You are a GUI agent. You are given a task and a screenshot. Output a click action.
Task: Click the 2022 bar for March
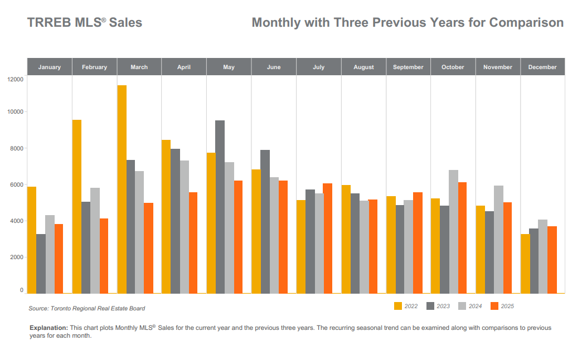[122, 189]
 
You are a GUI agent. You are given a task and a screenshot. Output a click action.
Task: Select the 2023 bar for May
[220, 207]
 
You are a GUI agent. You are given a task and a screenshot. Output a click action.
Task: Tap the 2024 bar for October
[453, 232]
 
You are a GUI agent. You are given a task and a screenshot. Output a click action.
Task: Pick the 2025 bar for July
[327, 239]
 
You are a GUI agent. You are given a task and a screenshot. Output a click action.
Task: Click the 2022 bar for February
[77, 207]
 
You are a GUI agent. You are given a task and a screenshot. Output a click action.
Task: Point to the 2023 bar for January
[41, 264]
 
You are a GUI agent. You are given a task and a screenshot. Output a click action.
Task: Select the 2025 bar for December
[552, 260]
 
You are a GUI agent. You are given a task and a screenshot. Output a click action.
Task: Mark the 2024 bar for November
[498, 240]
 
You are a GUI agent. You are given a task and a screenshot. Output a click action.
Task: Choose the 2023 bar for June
[265, 222]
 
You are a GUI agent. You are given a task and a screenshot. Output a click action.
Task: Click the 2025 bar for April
[193, 243]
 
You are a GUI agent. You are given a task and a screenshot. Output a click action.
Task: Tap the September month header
[408, 67]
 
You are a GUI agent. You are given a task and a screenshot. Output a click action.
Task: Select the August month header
[363, 67]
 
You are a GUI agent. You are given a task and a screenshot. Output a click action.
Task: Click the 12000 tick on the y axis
[15, 79]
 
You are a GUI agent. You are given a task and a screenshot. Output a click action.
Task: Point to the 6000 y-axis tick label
[17, 184]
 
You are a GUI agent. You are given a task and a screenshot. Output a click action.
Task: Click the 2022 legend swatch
[398, 306]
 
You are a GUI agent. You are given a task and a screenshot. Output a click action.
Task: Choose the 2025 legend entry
[502, 306]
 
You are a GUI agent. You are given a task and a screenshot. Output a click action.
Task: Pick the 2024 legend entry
[471, 306]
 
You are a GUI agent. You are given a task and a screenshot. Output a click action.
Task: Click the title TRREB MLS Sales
[85, 22]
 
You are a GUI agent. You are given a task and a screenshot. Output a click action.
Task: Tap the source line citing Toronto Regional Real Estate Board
[87, 308]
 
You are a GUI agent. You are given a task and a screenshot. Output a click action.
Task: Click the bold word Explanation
[48, 328]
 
